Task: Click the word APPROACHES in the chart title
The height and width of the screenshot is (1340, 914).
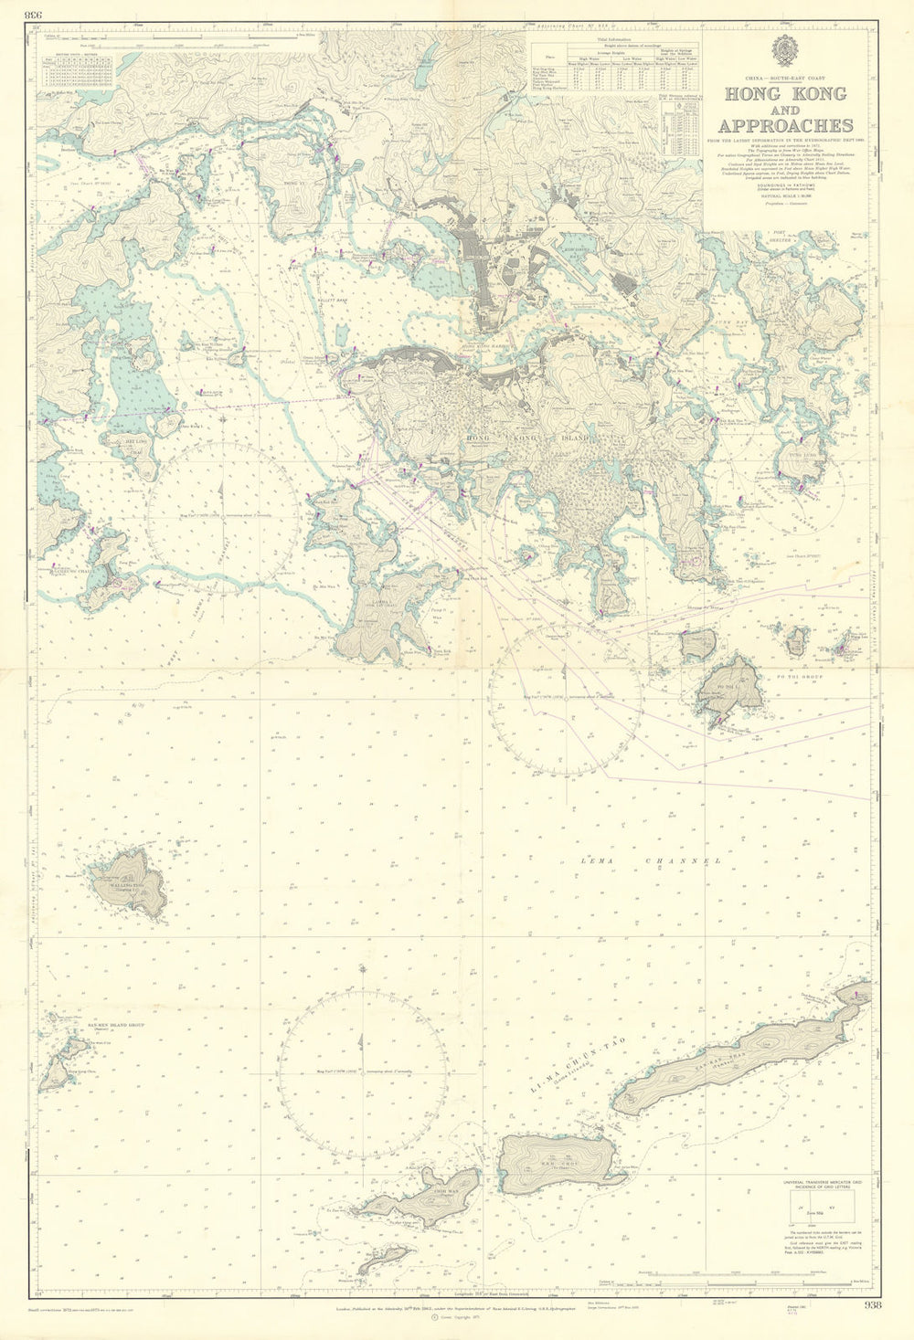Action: (786, 126)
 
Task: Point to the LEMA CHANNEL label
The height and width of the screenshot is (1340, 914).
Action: (650, 860)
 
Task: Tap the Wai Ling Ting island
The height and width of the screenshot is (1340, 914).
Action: (133, 882)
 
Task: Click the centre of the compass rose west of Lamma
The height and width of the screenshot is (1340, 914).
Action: (222, 518)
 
